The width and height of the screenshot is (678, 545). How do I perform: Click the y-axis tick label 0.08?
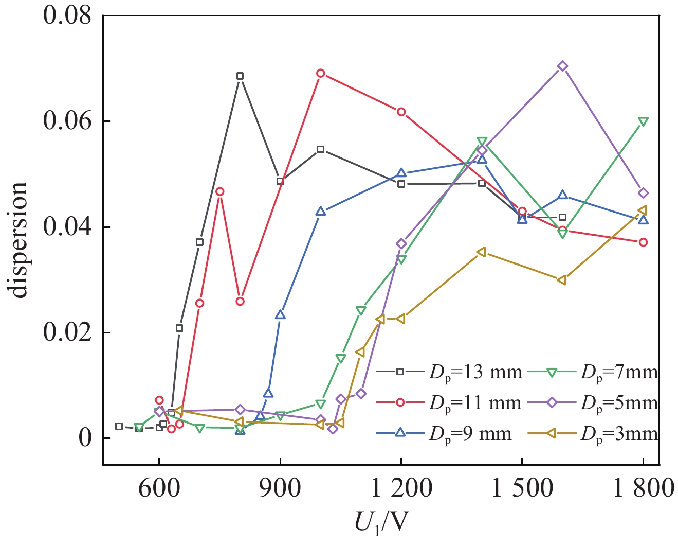point(66,15)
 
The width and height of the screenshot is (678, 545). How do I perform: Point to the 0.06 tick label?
point(66,121)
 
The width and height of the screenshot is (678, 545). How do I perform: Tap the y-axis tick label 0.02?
point(66,332)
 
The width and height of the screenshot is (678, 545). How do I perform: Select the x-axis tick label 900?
point(280,488)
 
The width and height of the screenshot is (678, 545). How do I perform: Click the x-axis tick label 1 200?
point(401,488)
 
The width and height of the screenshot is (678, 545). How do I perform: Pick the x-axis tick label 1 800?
point(642,488)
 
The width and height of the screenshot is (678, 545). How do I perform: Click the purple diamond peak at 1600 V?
point(562,66)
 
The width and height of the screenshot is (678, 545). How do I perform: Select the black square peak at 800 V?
point(240,76)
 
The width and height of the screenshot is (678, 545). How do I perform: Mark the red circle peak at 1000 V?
point(320,73)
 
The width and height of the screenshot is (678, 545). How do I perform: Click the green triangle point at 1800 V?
point(643,121)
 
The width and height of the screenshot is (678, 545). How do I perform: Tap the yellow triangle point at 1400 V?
point(482,252)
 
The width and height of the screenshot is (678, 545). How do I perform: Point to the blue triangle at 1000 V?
point(321,211)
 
